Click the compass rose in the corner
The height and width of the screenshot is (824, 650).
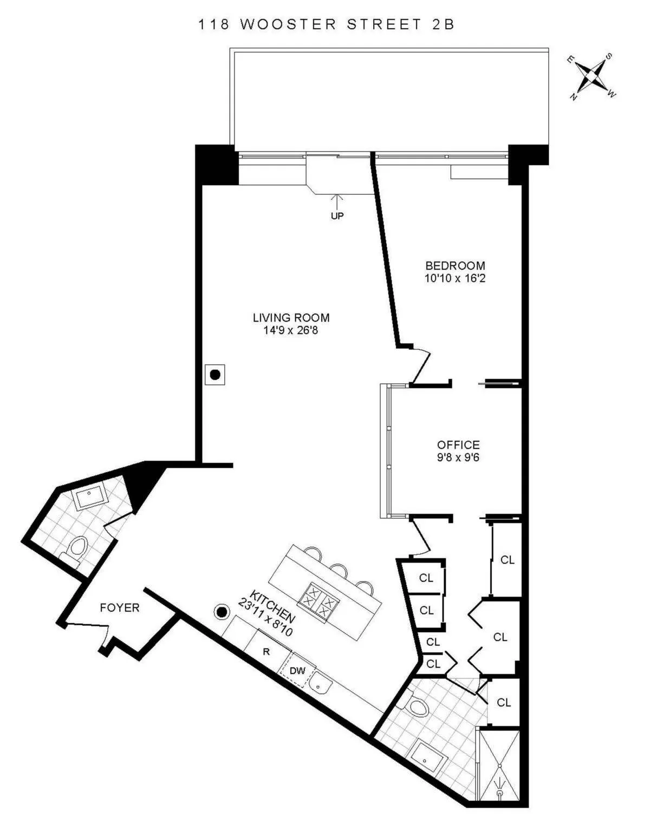(591, 76)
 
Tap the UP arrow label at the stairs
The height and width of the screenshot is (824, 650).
(337, 215)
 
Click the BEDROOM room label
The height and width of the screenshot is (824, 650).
(454, 266)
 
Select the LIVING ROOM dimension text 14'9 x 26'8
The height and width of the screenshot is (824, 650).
(291, 330)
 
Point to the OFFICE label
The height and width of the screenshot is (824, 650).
(458, 445)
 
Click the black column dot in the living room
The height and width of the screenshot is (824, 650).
(215, 374)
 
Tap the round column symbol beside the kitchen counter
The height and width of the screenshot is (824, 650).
(222, 612)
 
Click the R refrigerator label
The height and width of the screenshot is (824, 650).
(266, 652)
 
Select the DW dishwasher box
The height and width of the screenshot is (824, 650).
(297, 671)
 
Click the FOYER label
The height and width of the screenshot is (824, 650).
(119, 608)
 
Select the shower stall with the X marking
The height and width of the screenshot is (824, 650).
(499, 766)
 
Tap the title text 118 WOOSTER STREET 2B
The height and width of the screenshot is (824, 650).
(326, 24)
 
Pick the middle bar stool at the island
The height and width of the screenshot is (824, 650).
(339, 570)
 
